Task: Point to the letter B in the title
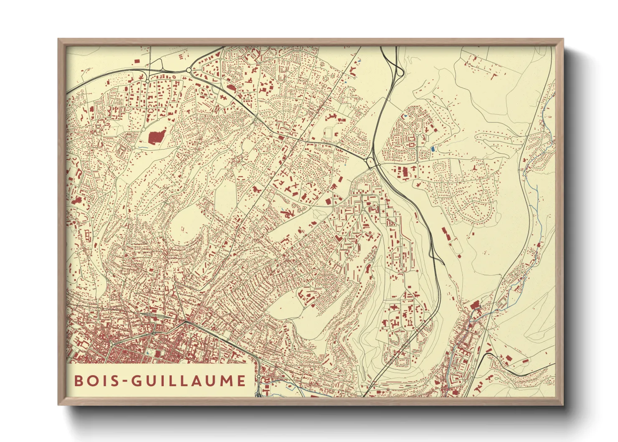coord(78,381)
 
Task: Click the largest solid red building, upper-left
coord(156,137)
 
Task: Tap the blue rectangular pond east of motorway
coord(432,149)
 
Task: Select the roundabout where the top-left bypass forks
coord(189,71)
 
